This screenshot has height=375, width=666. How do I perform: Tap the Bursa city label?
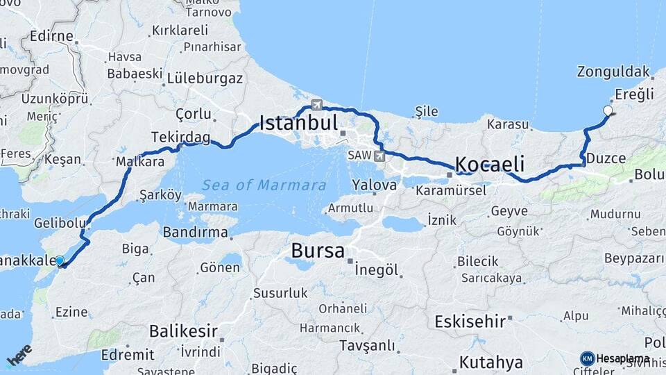(318, 251)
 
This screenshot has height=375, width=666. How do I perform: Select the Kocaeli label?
(489, 165)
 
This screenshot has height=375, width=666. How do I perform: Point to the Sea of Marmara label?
(264, 185)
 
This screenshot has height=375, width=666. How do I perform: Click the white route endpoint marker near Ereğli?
(608, 110)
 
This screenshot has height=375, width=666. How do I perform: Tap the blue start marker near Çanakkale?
(60, 260)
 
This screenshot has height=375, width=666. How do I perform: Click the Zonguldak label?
(613, 72)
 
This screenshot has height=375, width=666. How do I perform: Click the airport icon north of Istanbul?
(317, 105)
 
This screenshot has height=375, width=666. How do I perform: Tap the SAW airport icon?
(379, 156)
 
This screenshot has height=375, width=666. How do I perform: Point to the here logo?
(19, 354)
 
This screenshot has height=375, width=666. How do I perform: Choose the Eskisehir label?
(470, 322)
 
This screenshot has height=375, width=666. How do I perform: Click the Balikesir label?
(183, 331)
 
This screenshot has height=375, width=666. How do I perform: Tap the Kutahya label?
(490, 362)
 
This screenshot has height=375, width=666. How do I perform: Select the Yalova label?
(374, 185)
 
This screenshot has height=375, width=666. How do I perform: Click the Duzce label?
(606, 158)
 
